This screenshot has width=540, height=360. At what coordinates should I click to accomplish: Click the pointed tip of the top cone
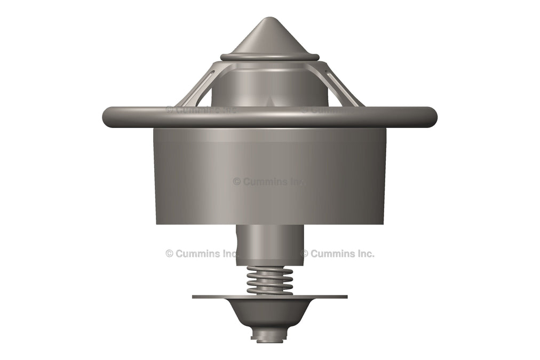tap(269, 19)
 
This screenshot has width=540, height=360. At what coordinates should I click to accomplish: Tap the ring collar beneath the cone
tap(269, 57)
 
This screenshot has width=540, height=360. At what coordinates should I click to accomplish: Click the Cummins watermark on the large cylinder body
tap(268, 181)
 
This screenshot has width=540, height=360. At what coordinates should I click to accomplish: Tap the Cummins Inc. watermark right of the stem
tap(337, 253)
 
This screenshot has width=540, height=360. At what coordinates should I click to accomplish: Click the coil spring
tap(269, 280)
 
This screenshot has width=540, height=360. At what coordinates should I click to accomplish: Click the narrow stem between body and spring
tap(269, 243)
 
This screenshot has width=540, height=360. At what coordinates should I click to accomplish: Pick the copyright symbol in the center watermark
tap(237, 181)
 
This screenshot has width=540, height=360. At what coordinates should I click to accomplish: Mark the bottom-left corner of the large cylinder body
tap(155, 222)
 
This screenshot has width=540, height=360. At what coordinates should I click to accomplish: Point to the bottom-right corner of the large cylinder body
tap(384, 222)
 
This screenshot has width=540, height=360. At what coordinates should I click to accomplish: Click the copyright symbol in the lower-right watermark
tap(304, 253)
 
